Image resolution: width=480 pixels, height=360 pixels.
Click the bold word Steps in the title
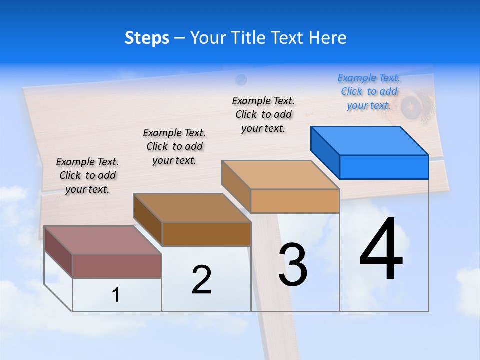tap(147, 38)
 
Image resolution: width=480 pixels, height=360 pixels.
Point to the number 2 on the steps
tap(201, 280)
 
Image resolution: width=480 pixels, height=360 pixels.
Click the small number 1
tap(115, 295)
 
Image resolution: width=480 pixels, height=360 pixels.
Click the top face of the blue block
tap(370, 140)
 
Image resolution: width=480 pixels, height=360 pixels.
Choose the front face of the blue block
tap(384, 167)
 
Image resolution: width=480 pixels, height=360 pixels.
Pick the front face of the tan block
tap(295, 201)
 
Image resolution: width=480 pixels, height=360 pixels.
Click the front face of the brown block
tap(206, 234)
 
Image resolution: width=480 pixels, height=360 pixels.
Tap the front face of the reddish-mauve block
tap(117, 266)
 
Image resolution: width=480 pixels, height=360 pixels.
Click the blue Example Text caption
tap(369, 91)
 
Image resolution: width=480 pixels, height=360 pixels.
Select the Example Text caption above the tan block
tap(263, 114)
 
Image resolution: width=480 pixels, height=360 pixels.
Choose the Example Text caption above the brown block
tap(174, 146)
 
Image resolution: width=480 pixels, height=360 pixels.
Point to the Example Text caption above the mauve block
tap(87, 175)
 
